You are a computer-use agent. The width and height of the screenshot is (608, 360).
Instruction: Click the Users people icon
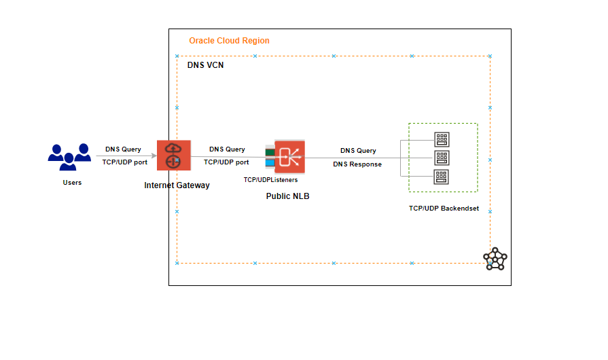[x=69, y=157]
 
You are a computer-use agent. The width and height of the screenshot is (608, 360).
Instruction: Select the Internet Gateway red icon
[x=173, y=155]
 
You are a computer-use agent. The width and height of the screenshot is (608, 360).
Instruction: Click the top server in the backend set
[x=442, y=140]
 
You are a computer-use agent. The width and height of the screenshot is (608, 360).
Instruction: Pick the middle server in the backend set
[x=442, y=158]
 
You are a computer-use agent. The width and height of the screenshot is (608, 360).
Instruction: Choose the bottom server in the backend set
[x=442, y=177]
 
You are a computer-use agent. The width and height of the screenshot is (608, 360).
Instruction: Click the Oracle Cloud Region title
[x=229, y=41]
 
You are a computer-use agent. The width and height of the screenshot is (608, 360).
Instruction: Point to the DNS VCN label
[x=205, y=66]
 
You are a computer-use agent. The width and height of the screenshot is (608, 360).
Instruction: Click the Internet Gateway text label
[x=177, y=185]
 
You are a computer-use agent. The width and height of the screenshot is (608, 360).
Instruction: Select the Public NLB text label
[x=287, y=196]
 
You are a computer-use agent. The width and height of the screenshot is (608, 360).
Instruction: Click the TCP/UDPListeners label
[x=270, y=180]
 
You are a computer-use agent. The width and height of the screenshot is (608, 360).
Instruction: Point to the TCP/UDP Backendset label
[x=444, y=209]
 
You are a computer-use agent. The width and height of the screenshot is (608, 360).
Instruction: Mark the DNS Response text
[x=357, y=164]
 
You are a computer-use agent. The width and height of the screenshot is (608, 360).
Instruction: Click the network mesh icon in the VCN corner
[x=495, y=259]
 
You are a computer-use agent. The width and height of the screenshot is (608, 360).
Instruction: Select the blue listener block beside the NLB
[x=270, y=162]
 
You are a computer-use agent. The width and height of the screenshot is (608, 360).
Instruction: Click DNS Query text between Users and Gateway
[x=123, y=149]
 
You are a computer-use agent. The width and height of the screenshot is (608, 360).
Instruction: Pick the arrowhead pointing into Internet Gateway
[x=154, y=156]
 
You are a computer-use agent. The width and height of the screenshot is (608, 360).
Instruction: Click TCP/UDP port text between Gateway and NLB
[x=226, y=162]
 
